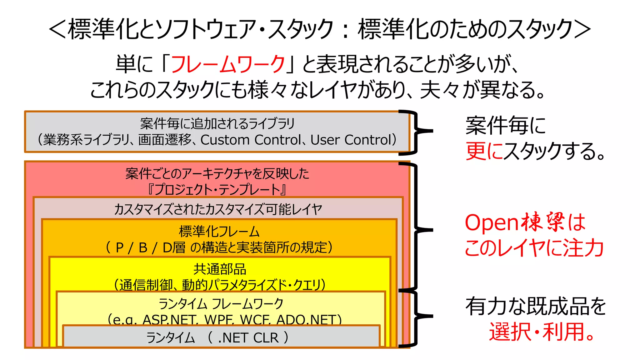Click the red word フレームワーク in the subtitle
[228, 64]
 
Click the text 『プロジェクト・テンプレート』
[217, 189]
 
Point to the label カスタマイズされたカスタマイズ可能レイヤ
[218, 209]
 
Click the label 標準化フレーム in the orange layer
[219, 232]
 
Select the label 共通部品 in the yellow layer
[220, 269]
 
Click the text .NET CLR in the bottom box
[248, 338]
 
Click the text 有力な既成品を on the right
[535, 306]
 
